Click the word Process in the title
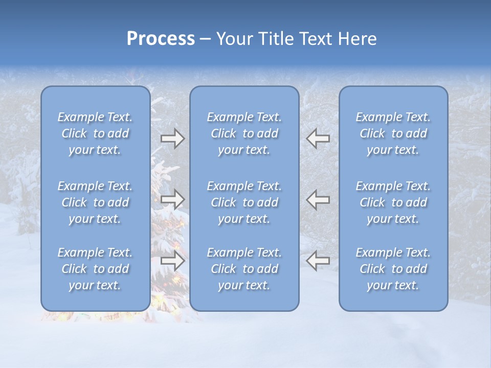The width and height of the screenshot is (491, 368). click(161, 39)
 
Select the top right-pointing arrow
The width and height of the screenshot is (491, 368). click(172, 139)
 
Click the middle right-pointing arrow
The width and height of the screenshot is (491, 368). click(172, 199)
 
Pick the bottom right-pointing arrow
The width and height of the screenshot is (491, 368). click(172, 261)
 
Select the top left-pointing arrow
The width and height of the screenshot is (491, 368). click(318, 139)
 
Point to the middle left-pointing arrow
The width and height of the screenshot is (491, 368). click(318, 199)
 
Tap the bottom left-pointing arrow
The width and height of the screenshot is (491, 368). click(318, 261)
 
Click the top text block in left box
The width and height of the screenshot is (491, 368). click(95, 133)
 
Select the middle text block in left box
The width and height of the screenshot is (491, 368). click(95, 202)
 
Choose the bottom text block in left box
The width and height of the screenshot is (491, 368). click(95, 269)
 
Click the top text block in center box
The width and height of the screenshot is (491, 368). click(244, 133)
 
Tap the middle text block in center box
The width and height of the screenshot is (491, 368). click(244, 202)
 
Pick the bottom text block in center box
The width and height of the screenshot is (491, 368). click(244, 269)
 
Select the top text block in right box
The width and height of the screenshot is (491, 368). click(393, 133)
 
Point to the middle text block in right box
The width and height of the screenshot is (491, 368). click(393, 202)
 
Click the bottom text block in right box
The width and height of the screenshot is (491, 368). click(393, 269)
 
